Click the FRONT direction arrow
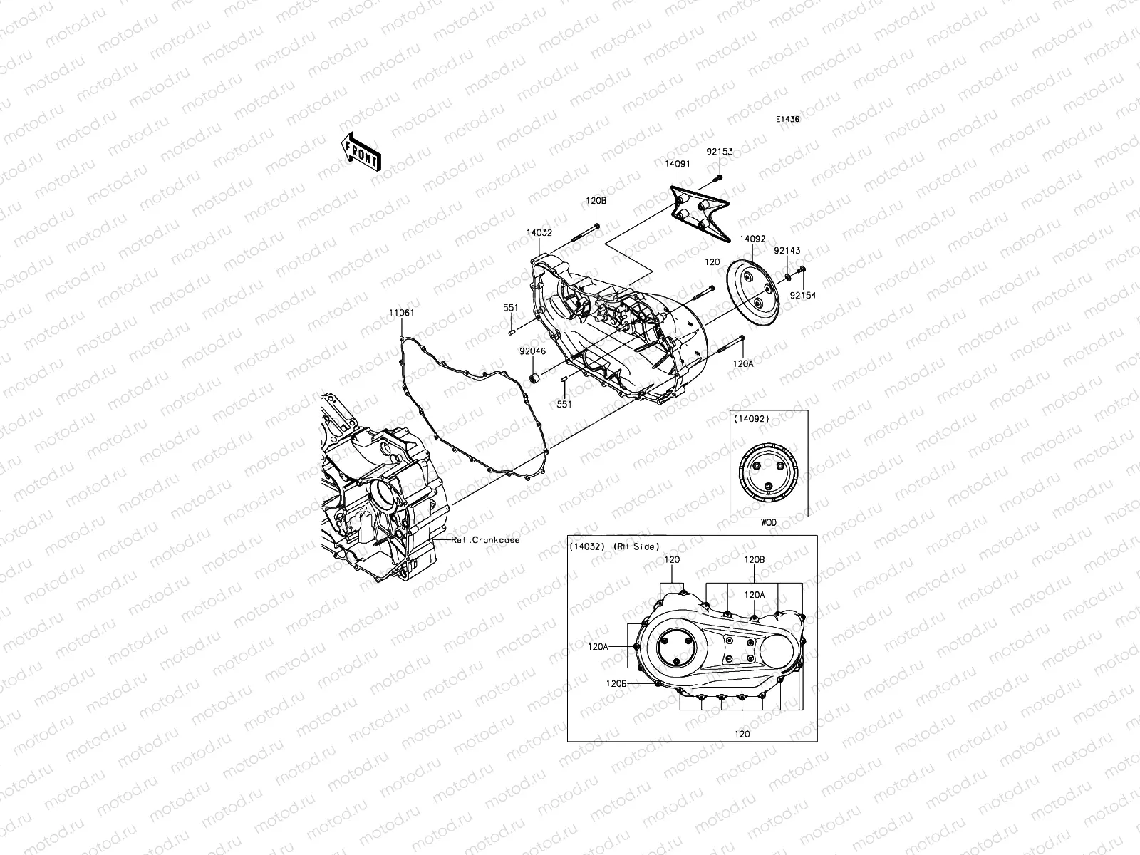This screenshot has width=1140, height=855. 362,152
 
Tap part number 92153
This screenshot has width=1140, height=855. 720,152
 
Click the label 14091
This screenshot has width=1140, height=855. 678,164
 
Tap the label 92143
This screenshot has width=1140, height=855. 787,251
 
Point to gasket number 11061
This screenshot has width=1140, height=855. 401,313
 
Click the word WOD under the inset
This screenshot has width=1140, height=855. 769,522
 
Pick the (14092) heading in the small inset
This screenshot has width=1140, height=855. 751,419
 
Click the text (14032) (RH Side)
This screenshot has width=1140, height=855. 614,546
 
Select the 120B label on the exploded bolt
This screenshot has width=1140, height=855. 596,202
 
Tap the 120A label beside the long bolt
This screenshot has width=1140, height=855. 743,363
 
